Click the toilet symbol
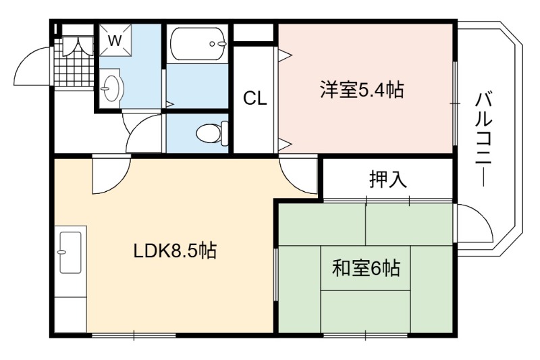[x=213, y=132]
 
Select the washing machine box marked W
[x=115, y=40]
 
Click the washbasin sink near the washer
[x=111, y=88]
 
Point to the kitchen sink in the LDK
[x=71, y=252]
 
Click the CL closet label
[x=255, y=99]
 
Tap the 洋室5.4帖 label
[x=362, y=90]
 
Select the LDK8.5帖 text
[x=175, y=251]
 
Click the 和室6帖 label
[x=366, y=268]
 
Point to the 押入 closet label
[x=388, y=179]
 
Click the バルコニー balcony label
[x=484, y=139]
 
